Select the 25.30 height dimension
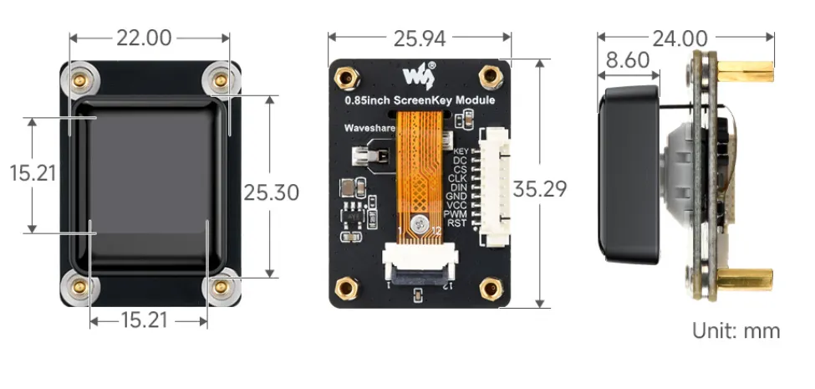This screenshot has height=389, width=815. pyautogui.click(x=271, y=192)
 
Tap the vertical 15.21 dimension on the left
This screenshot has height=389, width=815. pyautogui.click(x=33, y=173)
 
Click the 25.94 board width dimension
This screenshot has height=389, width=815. pyautogui.click(x=420, y=38)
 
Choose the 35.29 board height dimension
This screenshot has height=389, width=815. pyautogui.click(x=540, y=188)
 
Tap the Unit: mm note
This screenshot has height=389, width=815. pyautogui.click(x=736, y=330)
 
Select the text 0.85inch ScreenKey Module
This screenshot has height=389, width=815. pyautogui.click(x=420, y=100)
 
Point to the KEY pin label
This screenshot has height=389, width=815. pyautogui.click(x=459, y=151)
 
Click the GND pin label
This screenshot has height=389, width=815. pyautogui.click(x=456, y=197)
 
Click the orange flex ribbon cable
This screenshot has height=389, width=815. pyautogui.click(x=417, y=176)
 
